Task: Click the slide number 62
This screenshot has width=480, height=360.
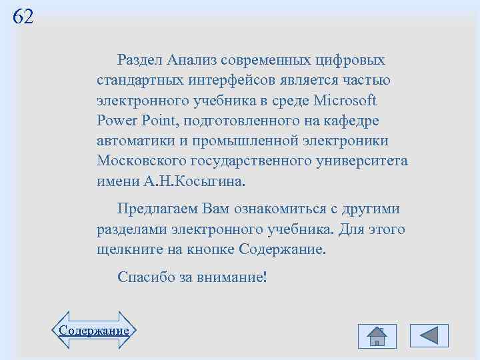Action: (x=23, y=17)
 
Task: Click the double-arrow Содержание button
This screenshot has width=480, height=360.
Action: (x=93, y=330)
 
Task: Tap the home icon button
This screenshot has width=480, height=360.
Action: (x=377, y=335)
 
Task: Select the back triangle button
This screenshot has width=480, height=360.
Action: (x=429, y=335)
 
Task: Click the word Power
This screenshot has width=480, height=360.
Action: (x=116, y=121)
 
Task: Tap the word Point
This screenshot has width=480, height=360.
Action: (x=156, y=121)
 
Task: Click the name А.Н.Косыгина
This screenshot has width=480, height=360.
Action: (x=194, y=181)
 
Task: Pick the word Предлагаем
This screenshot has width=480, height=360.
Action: (x=157, y=209)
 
